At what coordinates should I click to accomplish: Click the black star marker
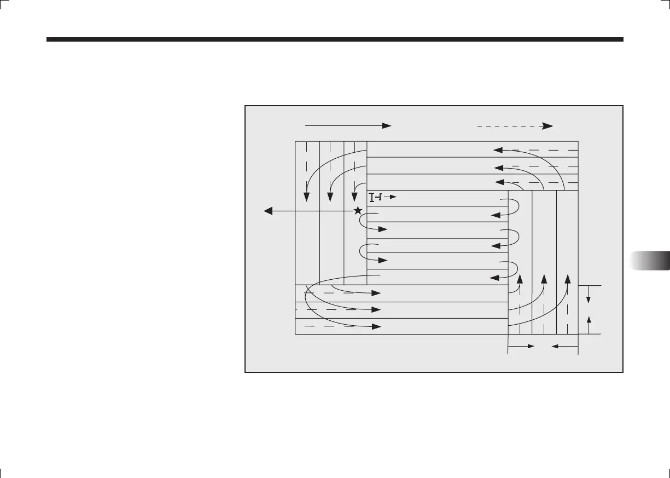coord(358,211)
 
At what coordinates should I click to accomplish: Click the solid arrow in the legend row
coord(348,125)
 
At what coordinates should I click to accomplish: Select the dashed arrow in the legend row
coord(514,125)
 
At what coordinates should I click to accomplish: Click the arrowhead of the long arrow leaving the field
coord(269,211)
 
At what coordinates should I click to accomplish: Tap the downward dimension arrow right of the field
coord(589,297)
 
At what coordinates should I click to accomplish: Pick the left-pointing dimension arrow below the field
coord(557,346)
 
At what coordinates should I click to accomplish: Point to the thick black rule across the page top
coord(335,39)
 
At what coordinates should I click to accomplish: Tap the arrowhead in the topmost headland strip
coord(498,149)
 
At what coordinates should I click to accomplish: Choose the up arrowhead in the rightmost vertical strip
coord(568,278)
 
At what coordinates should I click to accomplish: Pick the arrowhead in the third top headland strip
coord(499,182)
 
